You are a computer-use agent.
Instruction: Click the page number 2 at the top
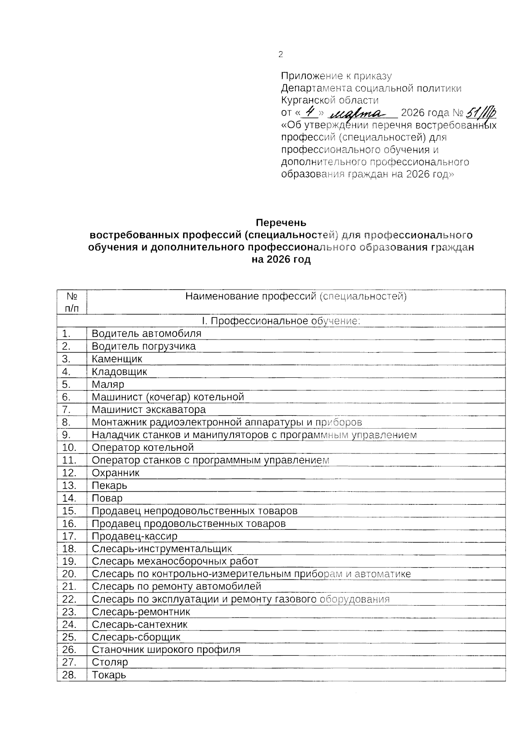point(281,54)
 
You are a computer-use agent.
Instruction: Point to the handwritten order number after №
point(481,113)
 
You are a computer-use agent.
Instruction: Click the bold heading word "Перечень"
point(281,223)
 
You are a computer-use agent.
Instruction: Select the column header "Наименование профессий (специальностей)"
point(296,297)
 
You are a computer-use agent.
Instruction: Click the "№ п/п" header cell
point(72,302)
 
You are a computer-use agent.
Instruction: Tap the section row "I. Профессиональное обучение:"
point(281,321)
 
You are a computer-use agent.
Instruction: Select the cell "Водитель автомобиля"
point(147,334)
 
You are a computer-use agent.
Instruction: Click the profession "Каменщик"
point(117,359)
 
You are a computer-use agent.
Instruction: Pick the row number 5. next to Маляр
point(66,384)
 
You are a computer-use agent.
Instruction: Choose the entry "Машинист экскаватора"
point(149,410)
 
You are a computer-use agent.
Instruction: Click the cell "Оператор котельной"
point(143,447)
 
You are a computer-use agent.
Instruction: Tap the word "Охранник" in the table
point(116,473)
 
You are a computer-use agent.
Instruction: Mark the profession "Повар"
point(107,498)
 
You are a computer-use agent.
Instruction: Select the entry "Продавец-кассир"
point(134,536)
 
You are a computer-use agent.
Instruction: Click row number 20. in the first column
point(69,574)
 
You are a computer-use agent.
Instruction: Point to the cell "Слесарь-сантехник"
point(140,624)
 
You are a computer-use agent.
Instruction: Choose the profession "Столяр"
point(110,662)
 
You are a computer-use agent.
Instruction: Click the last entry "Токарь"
point(109,675)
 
